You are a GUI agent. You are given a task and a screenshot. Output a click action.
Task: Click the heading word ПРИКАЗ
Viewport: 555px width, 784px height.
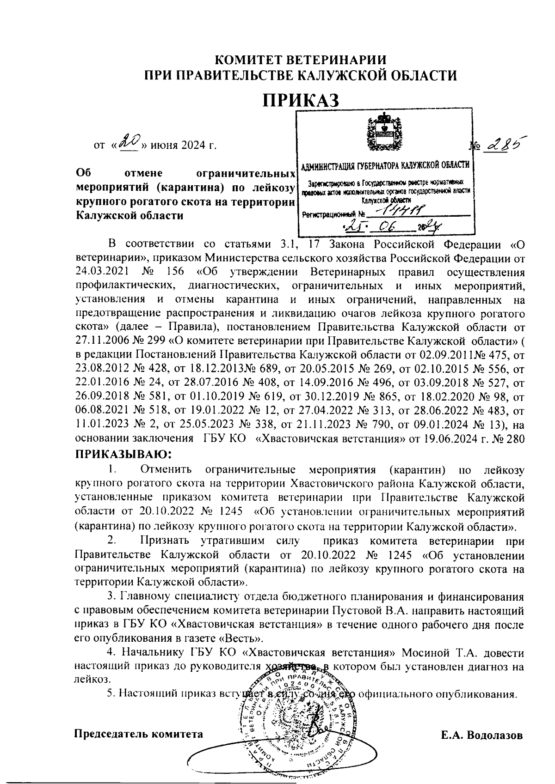point(301,100)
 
